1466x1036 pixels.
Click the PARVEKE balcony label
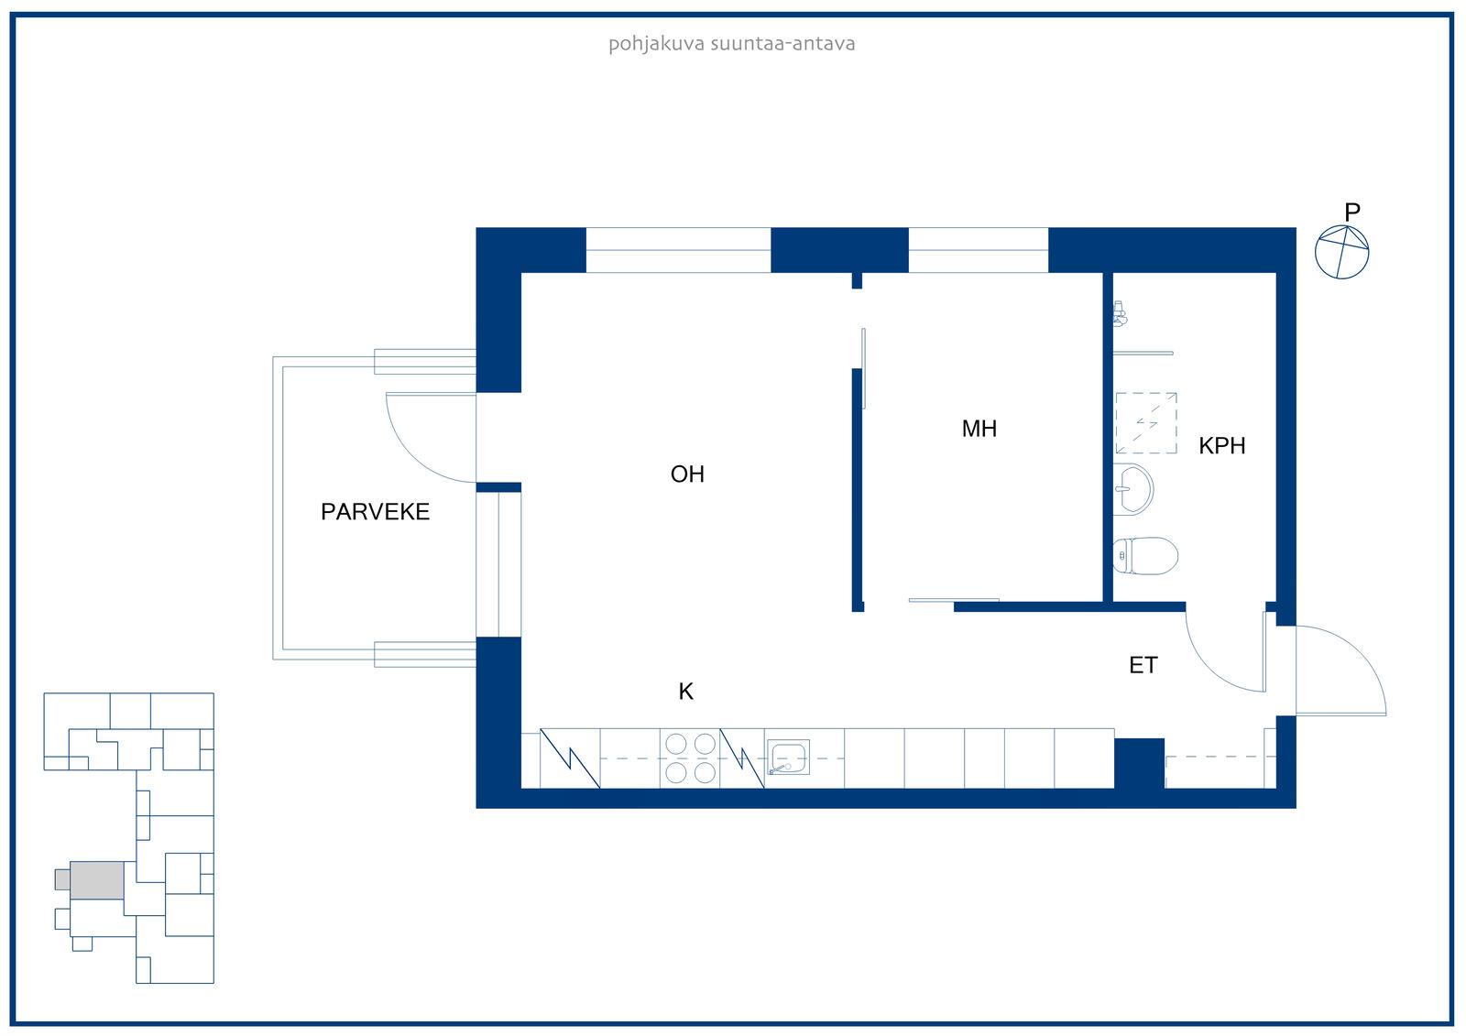375,512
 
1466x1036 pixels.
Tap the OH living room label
687,474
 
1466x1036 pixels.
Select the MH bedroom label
979,429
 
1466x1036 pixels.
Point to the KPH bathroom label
1221,446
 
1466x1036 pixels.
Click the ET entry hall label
1143,666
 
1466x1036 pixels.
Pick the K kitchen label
686,691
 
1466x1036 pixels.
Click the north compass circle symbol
1341,253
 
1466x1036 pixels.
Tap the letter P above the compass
1352,212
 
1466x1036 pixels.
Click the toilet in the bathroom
1145,556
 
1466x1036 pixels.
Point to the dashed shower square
1146,423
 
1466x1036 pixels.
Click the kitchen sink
788,757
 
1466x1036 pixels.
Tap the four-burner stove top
690,758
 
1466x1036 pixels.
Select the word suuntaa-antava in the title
782,44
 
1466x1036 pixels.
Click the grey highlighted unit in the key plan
97,880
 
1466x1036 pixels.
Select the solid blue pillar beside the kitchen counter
1139,763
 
